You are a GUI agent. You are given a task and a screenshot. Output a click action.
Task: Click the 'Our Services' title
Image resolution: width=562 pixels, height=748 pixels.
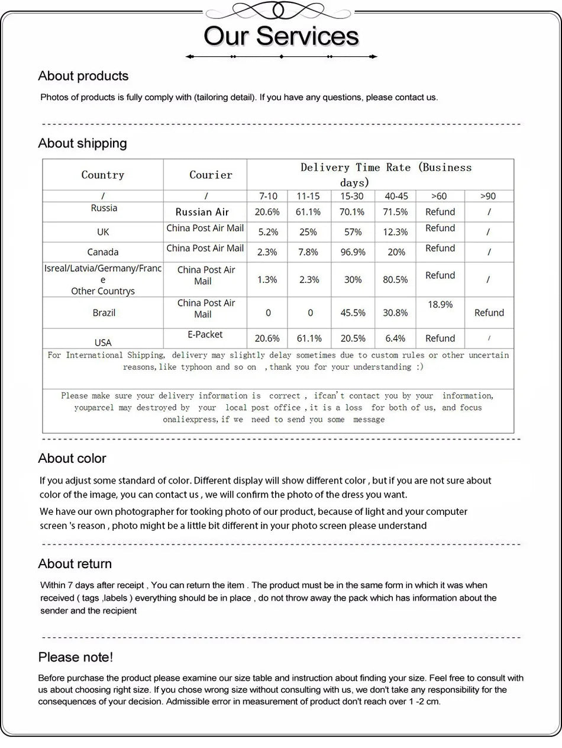click(x=281, y=36)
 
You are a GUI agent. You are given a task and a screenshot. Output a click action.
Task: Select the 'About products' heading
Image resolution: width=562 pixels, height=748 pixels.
click(x=83, y=76)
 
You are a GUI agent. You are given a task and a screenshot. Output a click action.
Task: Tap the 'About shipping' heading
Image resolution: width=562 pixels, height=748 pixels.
click(x=82, y=143)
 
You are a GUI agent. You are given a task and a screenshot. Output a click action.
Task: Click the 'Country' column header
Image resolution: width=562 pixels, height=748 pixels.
click(x=103, y=175)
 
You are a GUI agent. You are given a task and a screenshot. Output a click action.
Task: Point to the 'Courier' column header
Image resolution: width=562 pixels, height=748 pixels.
click(x=211, y=175)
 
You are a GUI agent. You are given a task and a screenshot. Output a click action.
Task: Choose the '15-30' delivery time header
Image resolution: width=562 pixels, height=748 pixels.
click(x=352, y=196)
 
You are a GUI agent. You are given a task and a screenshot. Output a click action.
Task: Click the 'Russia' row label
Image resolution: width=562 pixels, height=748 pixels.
click(x=104, y=208)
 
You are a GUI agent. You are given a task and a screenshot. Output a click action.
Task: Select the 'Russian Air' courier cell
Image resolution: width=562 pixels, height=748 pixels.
click(x=202, y=212)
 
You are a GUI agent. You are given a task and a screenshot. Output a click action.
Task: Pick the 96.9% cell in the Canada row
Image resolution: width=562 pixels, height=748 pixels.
click(x=353, y=252)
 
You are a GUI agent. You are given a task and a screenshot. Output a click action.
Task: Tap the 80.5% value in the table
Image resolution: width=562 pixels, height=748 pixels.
click(x=395, y=279)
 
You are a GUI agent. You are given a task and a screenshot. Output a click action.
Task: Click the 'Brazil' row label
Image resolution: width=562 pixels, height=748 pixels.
click(x=104, y=312)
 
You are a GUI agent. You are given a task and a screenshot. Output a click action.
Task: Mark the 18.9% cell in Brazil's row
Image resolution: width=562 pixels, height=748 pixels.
click(x=440, y=305)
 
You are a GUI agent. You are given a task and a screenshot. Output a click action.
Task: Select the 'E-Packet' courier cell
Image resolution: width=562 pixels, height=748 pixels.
click(x=205, y=334)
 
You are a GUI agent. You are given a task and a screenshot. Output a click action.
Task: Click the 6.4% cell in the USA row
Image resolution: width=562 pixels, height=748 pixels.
click(x=395, y=338)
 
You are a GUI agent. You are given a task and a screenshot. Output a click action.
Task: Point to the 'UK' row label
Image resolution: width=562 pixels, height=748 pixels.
click(x=103, y=232)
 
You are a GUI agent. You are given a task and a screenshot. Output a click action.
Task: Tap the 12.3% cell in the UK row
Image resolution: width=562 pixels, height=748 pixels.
click(x=395, y=232)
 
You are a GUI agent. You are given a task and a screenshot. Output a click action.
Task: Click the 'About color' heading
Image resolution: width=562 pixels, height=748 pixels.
click(x=72, y=459)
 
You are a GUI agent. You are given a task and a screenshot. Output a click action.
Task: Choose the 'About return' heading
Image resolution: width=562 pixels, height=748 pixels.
click(x=75, y=564)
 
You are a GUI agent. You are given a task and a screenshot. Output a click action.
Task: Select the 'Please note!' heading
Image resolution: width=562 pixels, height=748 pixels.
click(x=75, y=657)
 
